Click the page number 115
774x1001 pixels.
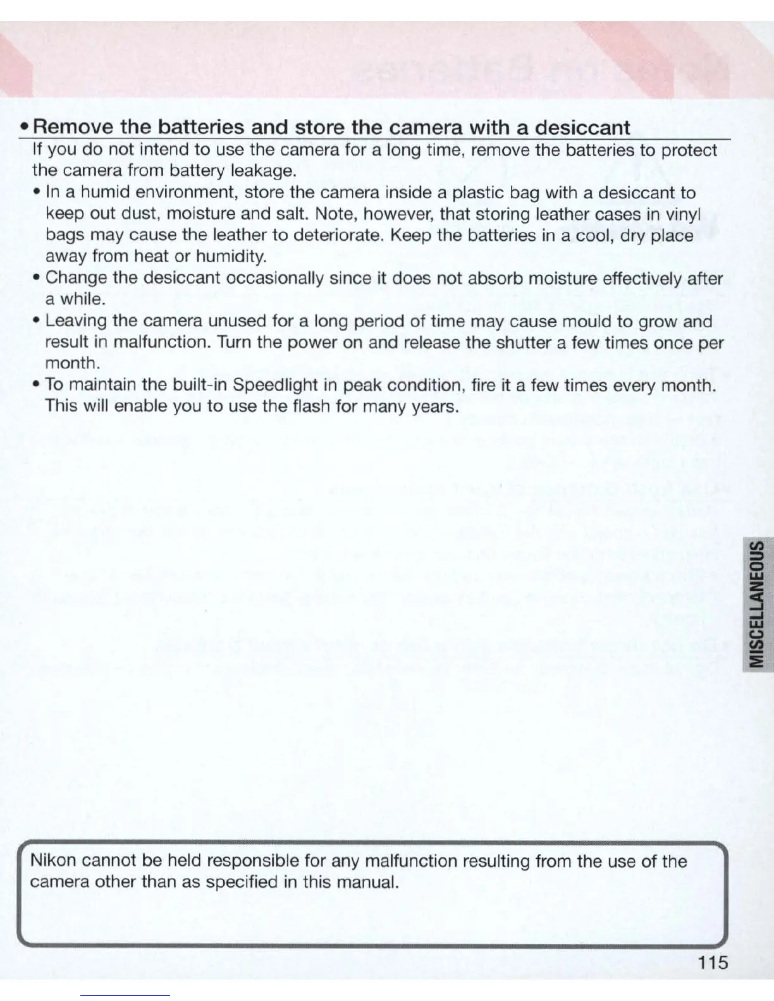point(714,962)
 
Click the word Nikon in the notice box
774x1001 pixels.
point(53,861)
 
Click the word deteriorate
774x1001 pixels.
point(342,236)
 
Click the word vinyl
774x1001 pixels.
point(684,214)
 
